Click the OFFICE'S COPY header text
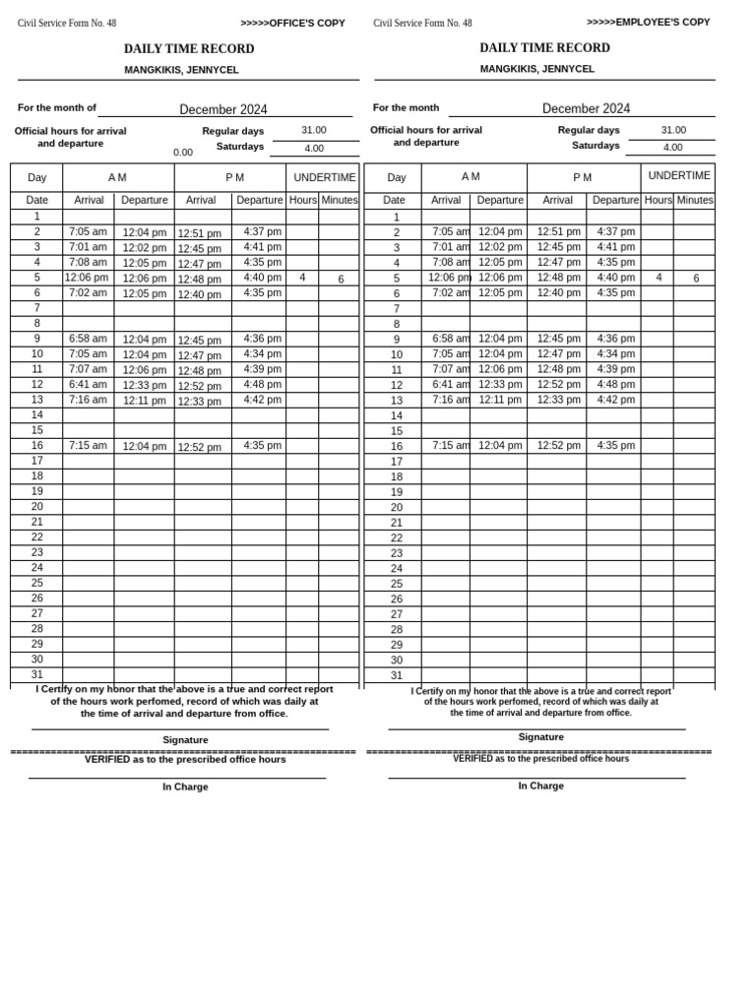point(292,23)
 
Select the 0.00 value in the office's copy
point(183,153)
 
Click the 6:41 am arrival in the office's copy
point(88,385)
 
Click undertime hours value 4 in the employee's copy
point(659,279)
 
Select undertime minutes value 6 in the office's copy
point(341,280)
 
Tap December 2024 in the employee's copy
point(586,108)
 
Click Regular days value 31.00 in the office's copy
point(314,130)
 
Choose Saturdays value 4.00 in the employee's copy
point(672,148)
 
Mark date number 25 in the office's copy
point(36,583)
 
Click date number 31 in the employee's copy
point(397,675)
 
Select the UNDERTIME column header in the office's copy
point(325,178)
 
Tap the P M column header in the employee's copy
point(583,178)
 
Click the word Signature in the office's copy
point(185,739)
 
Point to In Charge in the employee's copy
point(540,786)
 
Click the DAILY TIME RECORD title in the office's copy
point(189,49)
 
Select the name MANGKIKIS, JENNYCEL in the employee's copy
point(537,69)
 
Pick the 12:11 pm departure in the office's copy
point(145,401)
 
